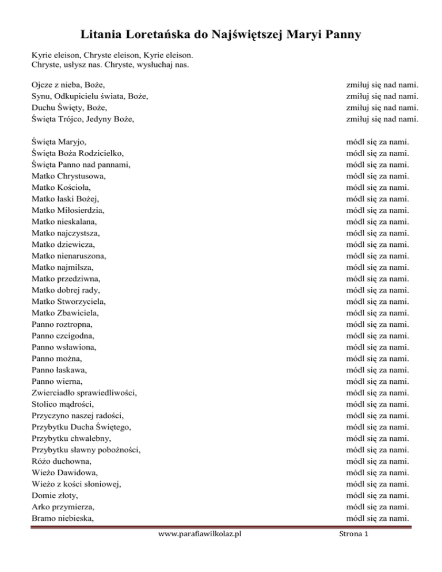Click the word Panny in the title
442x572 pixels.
point(339,36)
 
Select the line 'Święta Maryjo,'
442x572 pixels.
point(60,142)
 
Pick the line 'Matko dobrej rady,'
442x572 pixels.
point(67,289)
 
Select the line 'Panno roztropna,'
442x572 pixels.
point(63,324)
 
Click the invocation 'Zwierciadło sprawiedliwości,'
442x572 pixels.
point(85,392)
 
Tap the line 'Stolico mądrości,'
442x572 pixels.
point(63,404)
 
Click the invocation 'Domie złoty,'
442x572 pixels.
point(55,495)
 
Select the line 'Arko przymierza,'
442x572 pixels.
point(63,506)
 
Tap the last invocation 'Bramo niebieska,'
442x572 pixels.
point(64,518)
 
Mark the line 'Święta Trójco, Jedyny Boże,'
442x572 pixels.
point(86,119)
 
